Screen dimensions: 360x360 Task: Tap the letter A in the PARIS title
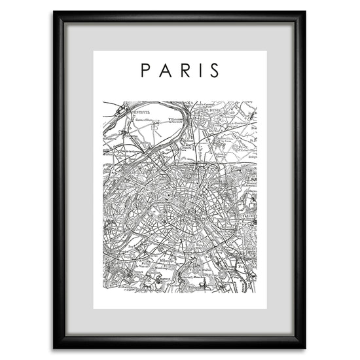coord(165,70)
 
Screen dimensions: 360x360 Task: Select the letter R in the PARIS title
coord(185,70)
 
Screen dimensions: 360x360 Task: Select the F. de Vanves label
coord(145,267)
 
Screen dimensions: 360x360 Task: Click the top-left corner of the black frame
coord(54,12)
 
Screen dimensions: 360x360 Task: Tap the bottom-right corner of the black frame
coord(305,348)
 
